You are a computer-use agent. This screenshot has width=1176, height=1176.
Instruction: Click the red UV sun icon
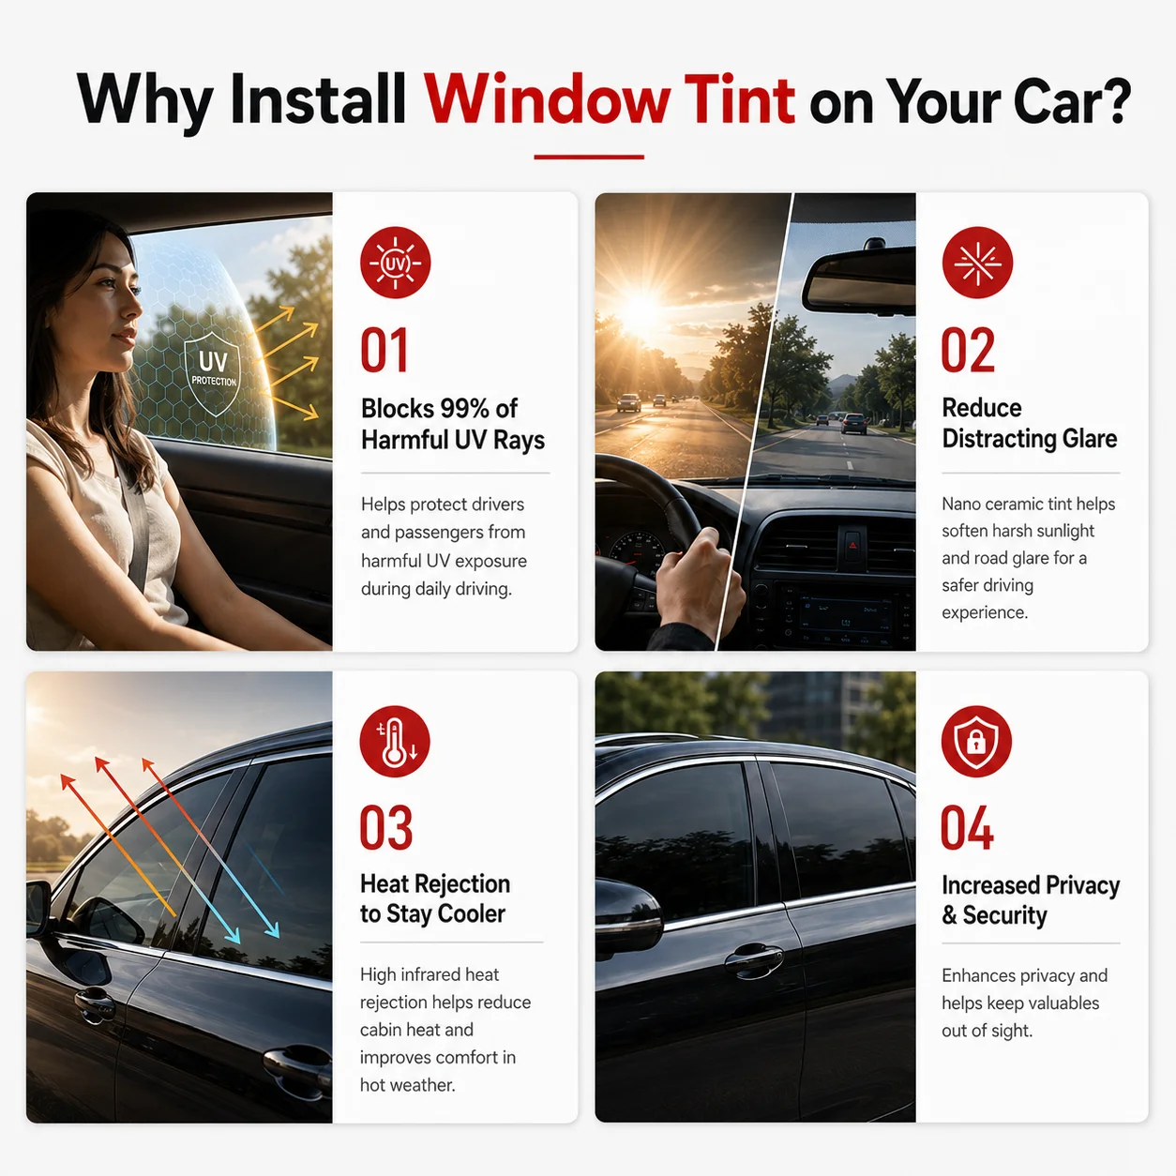(396, 263)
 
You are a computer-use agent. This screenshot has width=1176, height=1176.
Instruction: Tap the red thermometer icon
(395, 742)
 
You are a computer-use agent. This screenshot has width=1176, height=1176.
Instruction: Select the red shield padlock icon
(976, 742)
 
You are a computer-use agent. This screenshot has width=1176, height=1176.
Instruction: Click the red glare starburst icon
(977, 263)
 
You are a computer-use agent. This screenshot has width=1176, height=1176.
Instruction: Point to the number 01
(384, 350)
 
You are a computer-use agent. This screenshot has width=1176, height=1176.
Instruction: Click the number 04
(967, 827)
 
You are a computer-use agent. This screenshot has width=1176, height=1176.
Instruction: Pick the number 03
(386, 827)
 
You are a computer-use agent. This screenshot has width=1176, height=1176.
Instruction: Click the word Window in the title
(548, 99)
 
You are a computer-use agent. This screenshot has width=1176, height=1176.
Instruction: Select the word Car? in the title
(1072, 100)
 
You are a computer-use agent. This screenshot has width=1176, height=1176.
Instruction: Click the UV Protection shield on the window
(212, 373)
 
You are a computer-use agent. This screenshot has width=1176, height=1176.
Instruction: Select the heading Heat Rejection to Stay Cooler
(435, 898)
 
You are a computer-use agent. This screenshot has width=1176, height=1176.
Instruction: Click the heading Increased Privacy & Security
(1031, 900)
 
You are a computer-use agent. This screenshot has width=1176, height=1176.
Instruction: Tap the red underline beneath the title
(589, 157)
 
